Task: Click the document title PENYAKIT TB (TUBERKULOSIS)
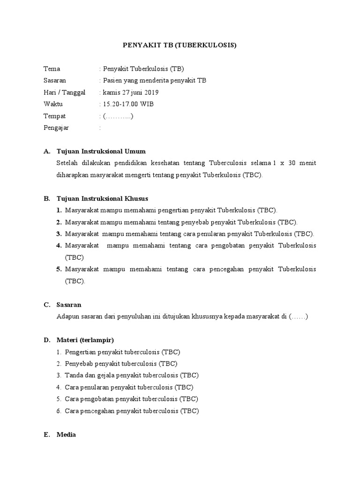tap(180, 45)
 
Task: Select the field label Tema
tap(52, 69)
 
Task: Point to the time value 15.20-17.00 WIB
tap(128, 104)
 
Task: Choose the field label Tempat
tap(54, 116)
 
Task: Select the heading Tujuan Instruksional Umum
tap(101, 151)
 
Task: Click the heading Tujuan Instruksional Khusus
tap(102, 198)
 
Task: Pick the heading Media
tap(66, 435)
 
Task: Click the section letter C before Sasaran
tap(46, 305)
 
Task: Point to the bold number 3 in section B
tap(59, 234)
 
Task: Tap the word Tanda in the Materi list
tap(74, 375)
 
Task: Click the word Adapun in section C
tap(67, 316)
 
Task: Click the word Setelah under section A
tap(67, 163)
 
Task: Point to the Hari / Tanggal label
tap(64, 92)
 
